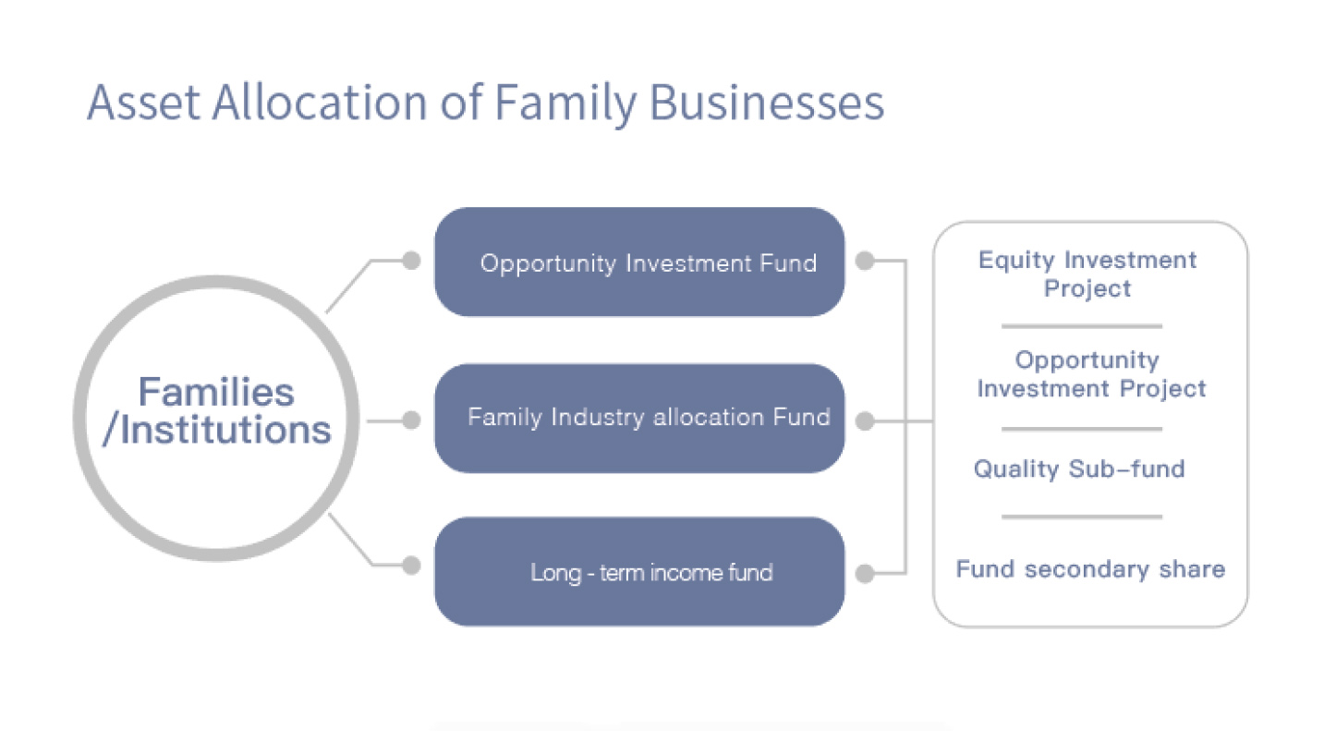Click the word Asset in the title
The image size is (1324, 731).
[143, 103]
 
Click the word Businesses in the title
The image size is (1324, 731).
[767, 103]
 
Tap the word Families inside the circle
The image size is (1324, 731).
[216, 392]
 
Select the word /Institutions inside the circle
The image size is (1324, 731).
[216, 430]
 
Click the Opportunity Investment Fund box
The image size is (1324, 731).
[639, 262]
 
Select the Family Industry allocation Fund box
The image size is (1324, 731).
[639, 418]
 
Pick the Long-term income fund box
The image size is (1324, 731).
[639, 572]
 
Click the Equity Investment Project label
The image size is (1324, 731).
[1087, 274]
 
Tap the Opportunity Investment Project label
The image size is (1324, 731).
[1091, 373]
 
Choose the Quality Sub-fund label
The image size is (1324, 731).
[1079, 469]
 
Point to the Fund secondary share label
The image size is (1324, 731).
[1090, 569]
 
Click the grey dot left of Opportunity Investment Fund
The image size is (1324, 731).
[411, 261]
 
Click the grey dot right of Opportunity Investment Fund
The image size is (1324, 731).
[865, 261]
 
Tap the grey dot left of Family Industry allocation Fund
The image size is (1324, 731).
[411, 420]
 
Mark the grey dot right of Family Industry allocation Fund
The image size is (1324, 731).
[865, 420]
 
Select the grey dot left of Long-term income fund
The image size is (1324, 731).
[411, 566]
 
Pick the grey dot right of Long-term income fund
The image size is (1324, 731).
[865, 573]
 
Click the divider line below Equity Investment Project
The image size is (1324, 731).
[1082, 326]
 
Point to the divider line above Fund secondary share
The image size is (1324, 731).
[1082, 517]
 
